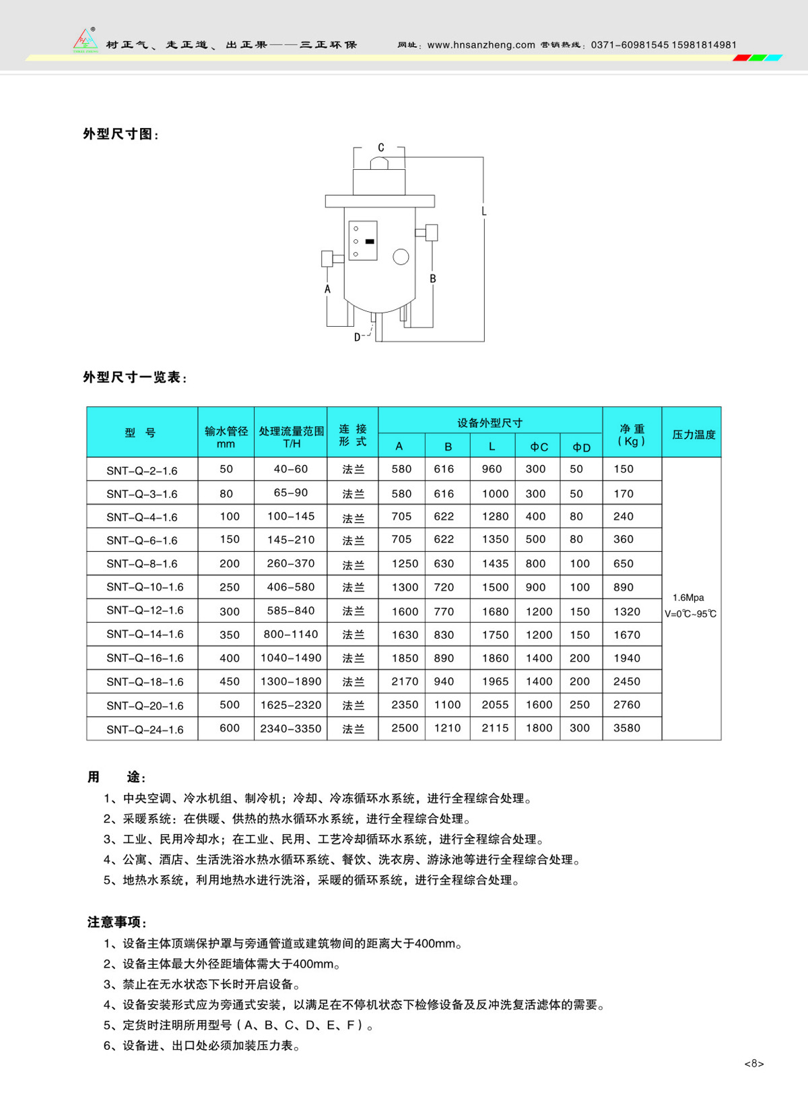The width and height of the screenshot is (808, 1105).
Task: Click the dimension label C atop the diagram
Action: [x=381, y=148]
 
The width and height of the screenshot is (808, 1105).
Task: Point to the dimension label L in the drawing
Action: [x=483, y=212]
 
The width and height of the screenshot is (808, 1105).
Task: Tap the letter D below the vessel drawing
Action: [x=358, y=337]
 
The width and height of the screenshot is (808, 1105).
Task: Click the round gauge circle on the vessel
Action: [x=401, y=257]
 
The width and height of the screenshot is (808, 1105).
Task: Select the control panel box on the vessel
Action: [x=362, y=241]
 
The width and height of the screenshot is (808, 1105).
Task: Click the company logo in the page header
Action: [x=86, y=40]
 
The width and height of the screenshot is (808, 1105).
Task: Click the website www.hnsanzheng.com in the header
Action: [x=481, y=45]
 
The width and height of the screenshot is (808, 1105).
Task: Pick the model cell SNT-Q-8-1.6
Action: [x=142, y=564]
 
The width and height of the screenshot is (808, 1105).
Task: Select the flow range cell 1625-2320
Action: [x=291, y=705]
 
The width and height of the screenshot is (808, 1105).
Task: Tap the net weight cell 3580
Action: [x=627, y=728]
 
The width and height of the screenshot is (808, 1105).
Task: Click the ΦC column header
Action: [x=539, y=447]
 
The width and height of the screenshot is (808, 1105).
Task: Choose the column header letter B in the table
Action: [x=448, y=447]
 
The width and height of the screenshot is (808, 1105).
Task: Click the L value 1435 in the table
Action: [x=495, y=564]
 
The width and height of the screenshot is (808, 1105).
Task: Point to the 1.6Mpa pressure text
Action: [x=688, y=598]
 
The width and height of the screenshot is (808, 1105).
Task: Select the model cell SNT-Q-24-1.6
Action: [x=145, y=729]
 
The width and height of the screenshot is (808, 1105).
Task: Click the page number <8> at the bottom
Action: [x=754, y=1064]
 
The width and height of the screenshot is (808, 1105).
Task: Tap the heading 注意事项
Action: [x=116, y=922]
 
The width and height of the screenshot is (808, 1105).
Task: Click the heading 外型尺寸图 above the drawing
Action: [x=121, y=134]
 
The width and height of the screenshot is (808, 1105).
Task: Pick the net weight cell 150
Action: [x=624, y=469]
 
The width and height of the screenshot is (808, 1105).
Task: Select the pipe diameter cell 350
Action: [x=230, y=635]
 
